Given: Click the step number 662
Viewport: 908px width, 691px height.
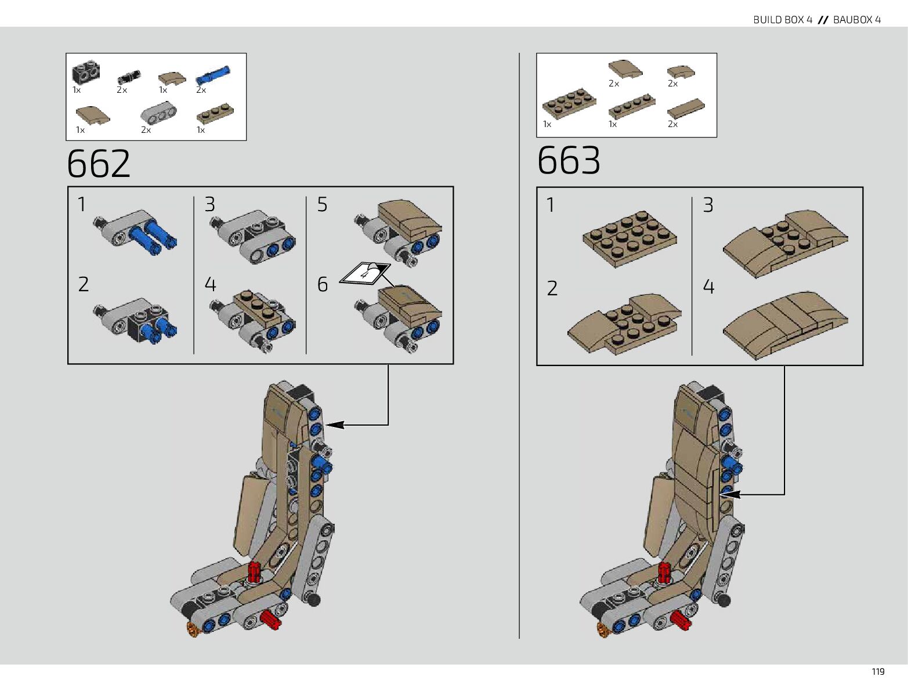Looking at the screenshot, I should pos(99,164).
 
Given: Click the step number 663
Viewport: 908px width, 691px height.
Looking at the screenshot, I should pos(569,160).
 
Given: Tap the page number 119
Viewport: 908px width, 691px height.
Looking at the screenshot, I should pos(878,671).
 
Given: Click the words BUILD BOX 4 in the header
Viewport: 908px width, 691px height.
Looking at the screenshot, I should pos(782,20).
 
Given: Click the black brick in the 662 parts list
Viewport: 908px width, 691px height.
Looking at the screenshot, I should pos(85,73).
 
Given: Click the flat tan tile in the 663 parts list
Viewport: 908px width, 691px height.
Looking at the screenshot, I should pos(686,108).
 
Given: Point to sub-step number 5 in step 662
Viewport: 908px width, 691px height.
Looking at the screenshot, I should pos(322,204).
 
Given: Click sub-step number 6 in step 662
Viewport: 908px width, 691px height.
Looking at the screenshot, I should pos(322,284).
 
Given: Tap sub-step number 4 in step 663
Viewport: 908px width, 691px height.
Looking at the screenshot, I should pos(708,287).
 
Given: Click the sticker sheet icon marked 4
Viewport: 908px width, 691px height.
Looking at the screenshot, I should pos(364,273).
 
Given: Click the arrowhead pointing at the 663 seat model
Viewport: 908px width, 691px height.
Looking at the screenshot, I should pos(732,494).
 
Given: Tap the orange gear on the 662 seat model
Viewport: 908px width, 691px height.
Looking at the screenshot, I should pos(193,629).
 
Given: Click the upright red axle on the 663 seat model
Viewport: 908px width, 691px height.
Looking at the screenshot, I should pos(664,573).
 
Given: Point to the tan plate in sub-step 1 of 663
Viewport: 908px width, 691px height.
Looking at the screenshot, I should pos(630,238).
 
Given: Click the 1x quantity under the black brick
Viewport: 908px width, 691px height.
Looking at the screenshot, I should pos(77,90).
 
